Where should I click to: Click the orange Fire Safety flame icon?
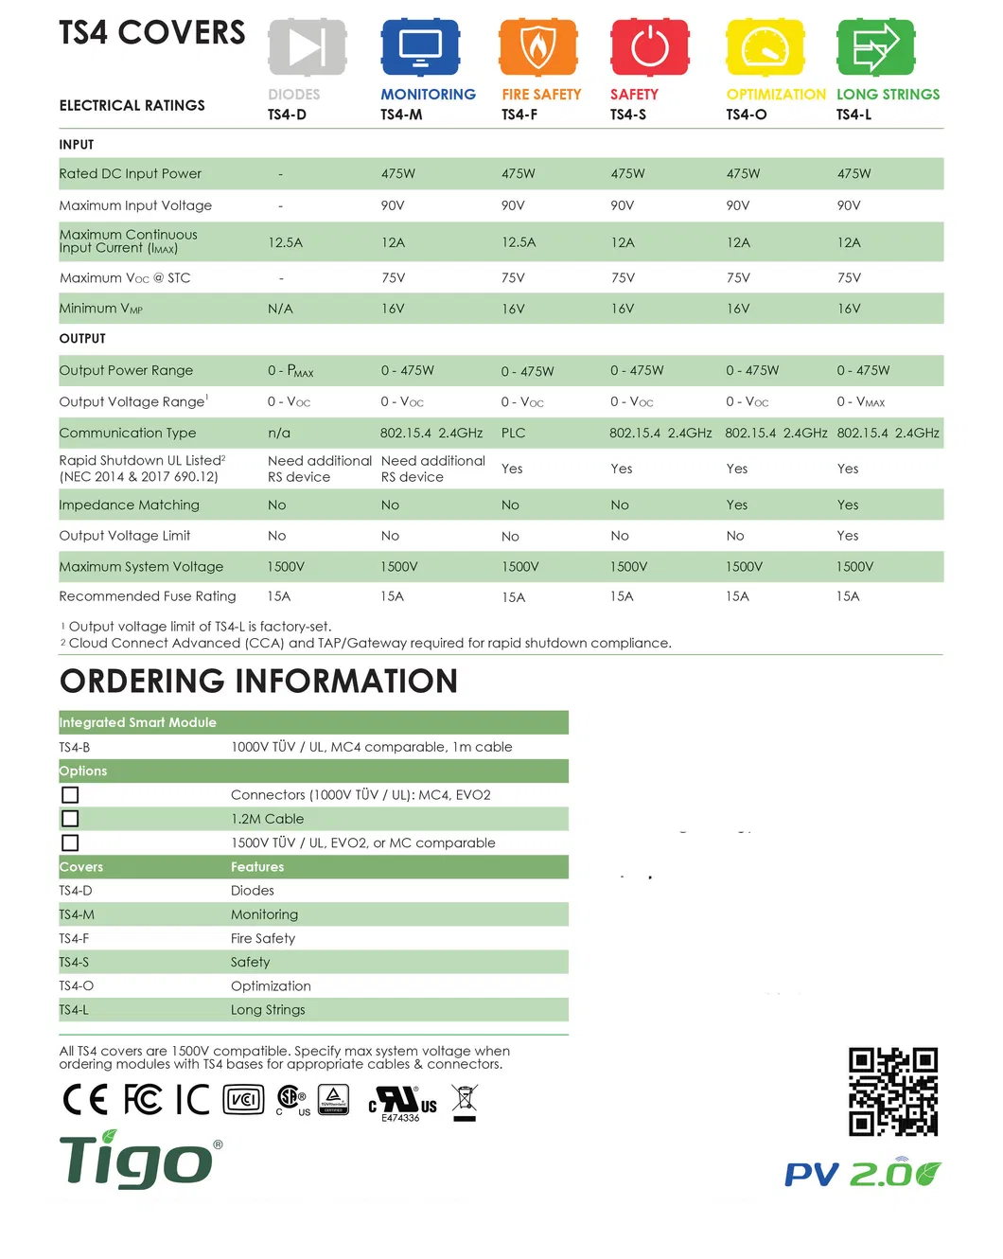[537, 46]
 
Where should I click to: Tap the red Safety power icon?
[649, 46]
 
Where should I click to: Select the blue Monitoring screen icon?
[420, 46]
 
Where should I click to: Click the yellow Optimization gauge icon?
[765, 46]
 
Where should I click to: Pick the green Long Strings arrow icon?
[875, 46]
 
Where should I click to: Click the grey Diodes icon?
[307, 46]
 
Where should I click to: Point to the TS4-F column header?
[519, 115]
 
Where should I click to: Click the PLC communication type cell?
[513, 433]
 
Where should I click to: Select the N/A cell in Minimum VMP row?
[280, 309]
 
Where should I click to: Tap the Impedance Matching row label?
[129, 505]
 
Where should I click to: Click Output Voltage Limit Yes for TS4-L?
[848, 535]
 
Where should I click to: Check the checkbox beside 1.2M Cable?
[70, 819]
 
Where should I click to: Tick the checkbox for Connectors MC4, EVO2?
[70, 795]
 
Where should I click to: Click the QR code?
[892, 1091]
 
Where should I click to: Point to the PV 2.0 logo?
[862, 1174]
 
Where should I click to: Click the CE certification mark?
[85, 1099]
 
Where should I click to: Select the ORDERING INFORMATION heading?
[258, 681]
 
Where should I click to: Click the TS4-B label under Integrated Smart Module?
[75, 747]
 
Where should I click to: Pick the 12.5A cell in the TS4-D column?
[285, 242]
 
